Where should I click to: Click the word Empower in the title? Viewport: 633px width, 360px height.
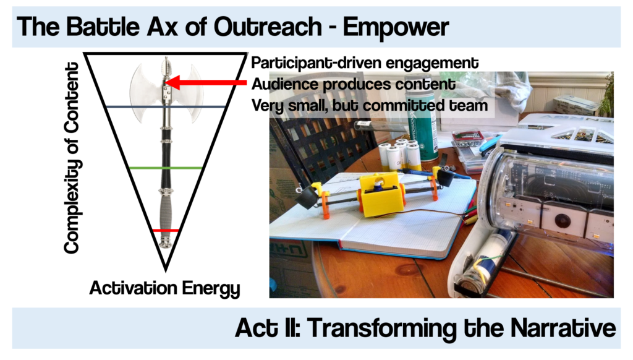point(396,27)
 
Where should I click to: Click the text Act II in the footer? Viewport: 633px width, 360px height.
point(269,328)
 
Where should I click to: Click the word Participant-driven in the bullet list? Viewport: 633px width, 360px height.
point(313,63)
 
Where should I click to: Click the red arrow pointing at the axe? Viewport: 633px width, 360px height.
point(204,82)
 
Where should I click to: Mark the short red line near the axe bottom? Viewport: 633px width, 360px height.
point(166,231)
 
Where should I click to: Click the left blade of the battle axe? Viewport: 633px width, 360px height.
point(144,87)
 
